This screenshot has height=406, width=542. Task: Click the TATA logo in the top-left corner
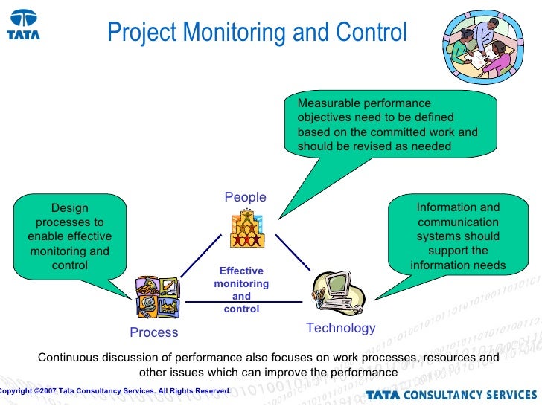point(24,25)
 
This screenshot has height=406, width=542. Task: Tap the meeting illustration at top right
point(477,46)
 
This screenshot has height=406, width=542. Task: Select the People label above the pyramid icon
point(245,197)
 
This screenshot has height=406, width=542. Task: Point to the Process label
point(154,332)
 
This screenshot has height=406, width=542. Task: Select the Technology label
point(340,328)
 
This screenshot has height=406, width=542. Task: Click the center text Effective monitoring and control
point(241,290)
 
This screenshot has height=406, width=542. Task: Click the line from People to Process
point(200,257)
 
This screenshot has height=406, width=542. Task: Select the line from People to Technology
point(293,253)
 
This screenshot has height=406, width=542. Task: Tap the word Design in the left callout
point(69,208)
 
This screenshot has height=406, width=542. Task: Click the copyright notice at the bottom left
point(115,390)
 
